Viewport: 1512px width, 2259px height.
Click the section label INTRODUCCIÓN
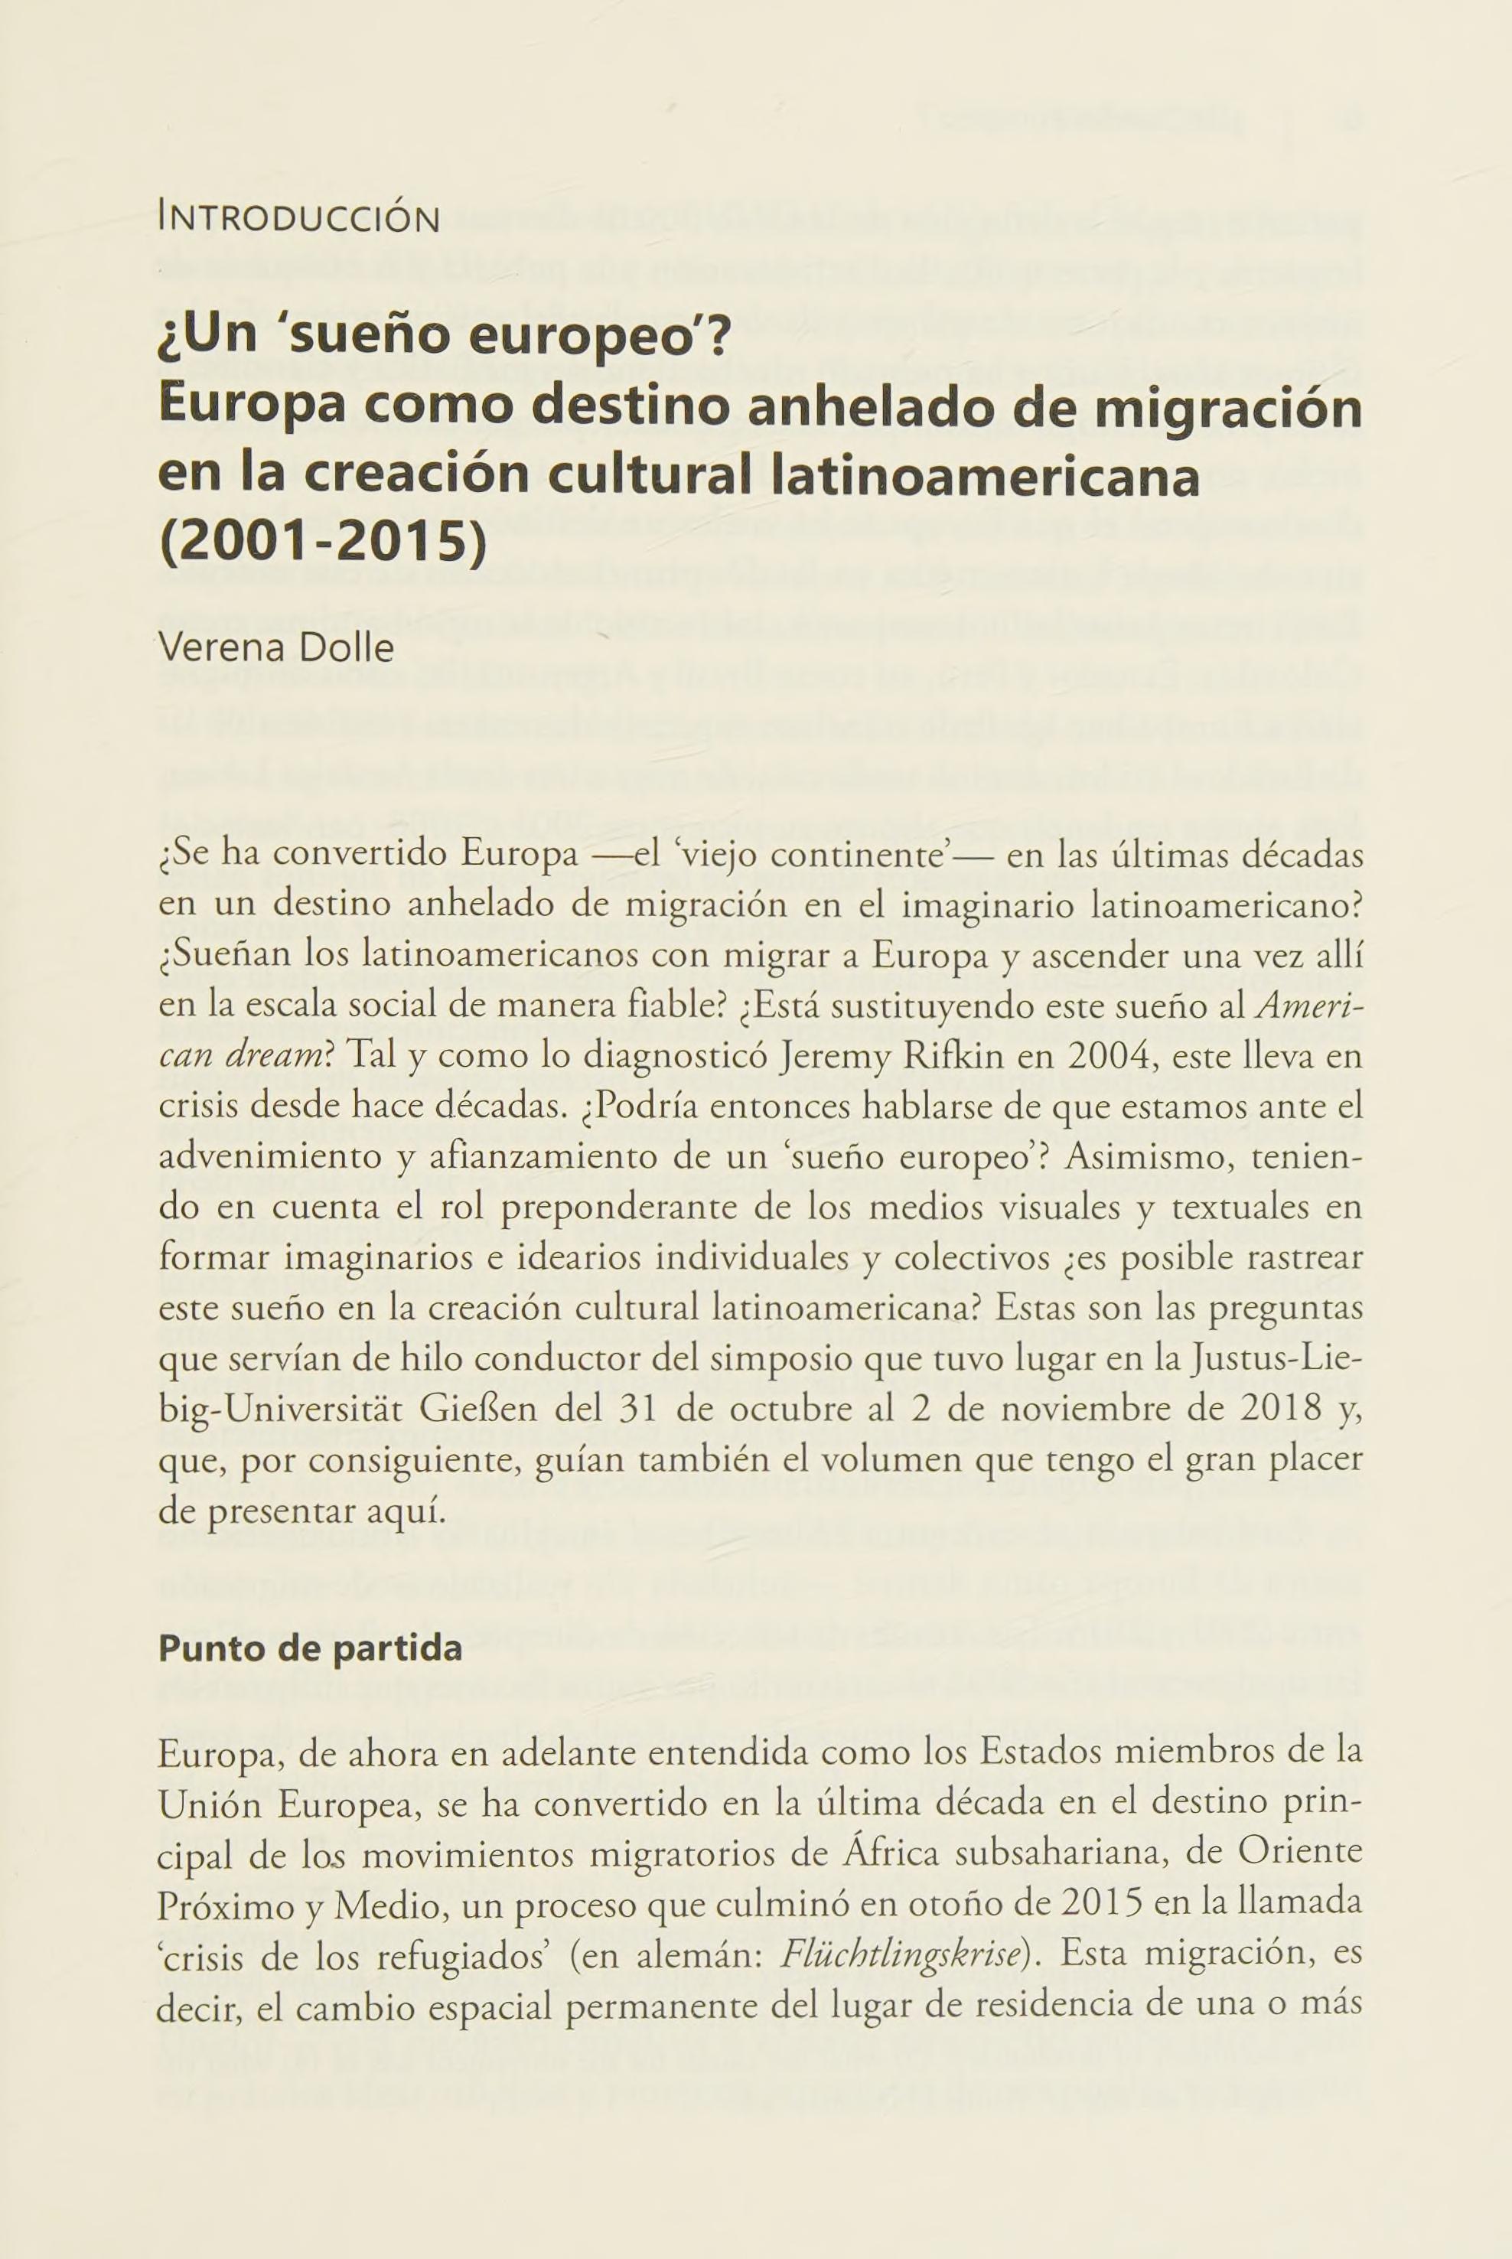298,219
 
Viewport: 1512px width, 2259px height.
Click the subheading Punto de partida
311,1648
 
